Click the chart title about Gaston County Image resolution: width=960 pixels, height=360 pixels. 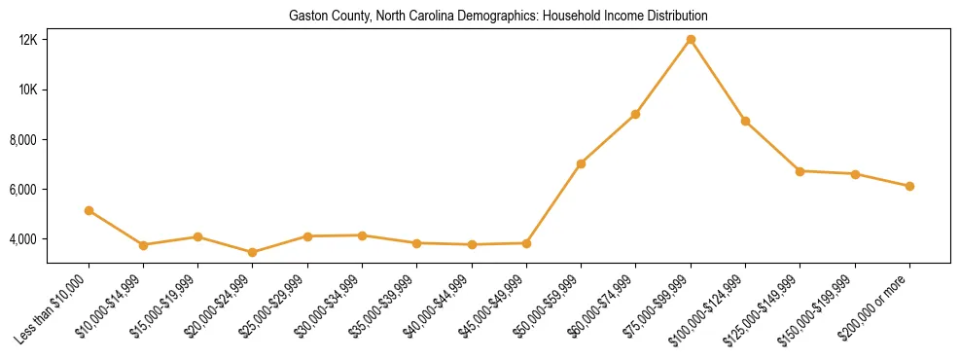(498, 17)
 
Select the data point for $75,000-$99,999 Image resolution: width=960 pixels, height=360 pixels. (691, 39)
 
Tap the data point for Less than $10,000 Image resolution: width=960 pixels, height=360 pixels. (89, 210)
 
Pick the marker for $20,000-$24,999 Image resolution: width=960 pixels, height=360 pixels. (253, 252)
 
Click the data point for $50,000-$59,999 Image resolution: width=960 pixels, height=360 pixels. (581, 163)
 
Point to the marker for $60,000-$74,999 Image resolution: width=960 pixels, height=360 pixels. (635, 114)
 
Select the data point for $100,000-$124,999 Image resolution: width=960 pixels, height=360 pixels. (745, 121)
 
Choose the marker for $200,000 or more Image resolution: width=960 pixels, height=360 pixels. (909, 186)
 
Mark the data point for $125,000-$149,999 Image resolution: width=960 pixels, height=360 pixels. (800, 171)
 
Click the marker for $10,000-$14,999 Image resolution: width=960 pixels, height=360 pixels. (143, 245)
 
